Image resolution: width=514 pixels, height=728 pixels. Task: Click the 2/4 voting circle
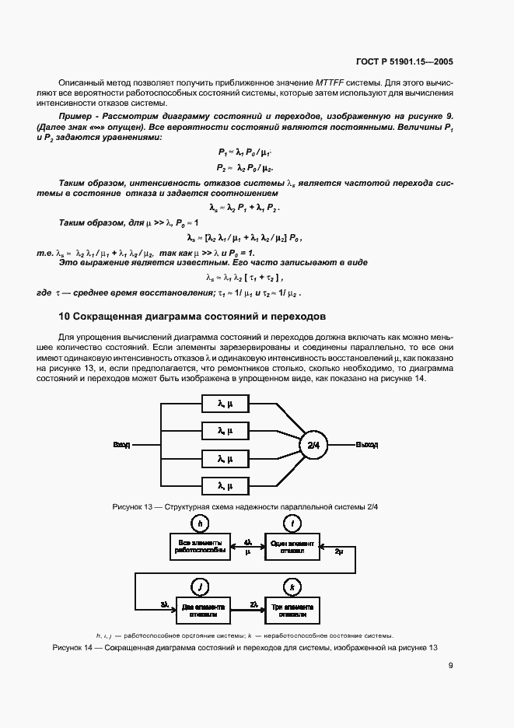pyautogui.click(x=313, y=445)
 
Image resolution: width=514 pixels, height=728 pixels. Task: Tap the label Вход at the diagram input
pyautogui.click(x=121, y=445)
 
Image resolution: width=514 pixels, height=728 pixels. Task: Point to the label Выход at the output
pyautogui.click(x=367, y=445)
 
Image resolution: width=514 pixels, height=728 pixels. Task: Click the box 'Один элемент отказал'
pyautogui.click(x=292, y=546)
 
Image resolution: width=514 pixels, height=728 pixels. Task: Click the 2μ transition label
pyautogui.click(x=338, y=551)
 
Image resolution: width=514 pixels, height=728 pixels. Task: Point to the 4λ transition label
pyautogui.click(x=247, y=541)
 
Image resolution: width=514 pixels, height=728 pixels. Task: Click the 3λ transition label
pyautogui.click(x=165, y=604)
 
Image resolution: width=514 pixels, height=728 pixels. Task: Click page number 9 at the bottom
pyautogui.click(x=450, y=665)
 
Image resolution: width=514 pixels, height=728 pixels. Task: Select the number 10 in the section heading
pyautogui.click(x=65, y=317)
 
